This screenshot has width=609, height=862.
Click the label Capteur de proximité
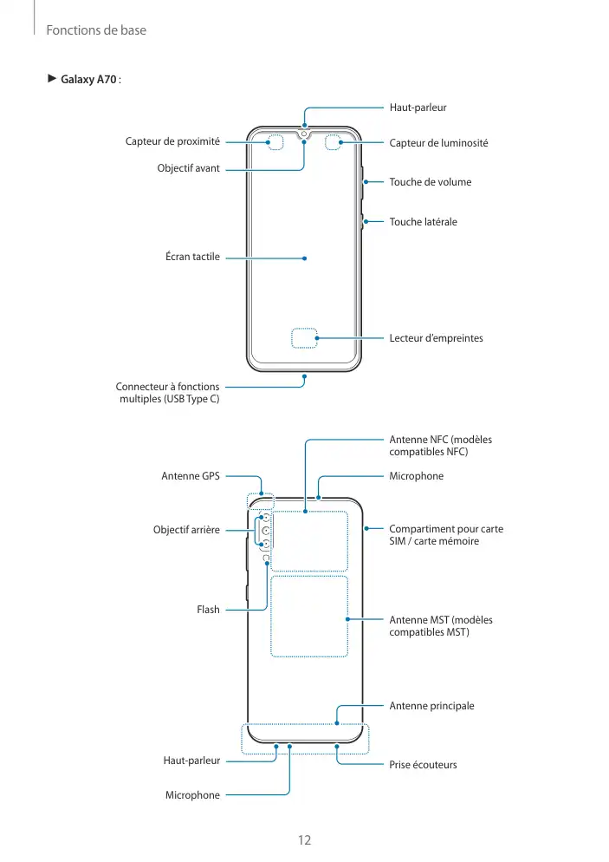(x=173, y=141)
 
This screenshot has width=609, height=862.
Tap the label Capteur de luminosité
(x=438, y=142)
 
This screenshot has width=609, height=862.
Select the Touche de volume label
(x=430, y=182)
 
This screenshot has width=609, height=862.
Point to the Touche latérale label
(x=423, y=222)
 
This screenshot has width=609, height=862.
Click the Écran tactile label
(x=192, y=257)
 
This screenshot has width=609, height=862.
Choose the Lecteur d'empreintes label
(x=436, y=338)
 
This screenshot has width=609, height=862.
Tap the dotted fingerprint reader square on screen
(x=304, y=338)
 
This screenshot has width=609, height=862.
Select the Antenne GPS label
(x=191, y=476)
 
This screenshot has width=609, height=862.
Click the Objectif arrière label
(x=186, y=529)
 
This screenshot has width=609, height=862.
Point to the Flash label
(x=208, y=610)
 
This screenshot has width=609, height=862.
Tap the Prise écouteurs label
(x=423, y=765)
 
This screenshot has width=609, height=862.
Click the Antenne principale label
(x=431, y=706)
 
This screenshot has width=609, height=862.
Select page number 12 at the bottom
(x=304, y=840)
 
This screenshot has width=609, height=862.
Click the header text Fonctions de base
(x=96, y=30)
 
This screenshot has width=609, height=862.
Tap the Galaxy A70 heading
(x=89, y=80)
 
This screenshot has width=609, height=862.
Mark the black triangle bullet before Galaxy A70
(x=51, y=80)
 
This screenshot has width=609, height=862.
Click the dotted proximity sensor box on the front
(x=277, y=141)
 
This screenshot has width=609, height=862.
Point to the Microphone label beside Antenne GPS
(x=416, y=476)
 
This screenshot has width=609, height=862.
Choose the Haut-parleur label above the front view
(x=418, y=108)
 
